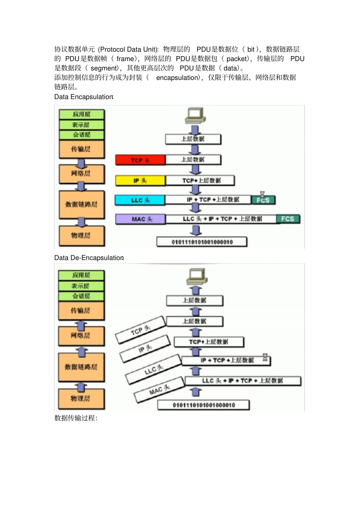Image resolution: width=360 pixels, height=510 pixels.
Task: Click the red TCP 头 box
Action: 140,160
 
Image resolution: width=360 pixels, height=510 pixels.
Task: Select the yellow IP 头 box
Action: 140,181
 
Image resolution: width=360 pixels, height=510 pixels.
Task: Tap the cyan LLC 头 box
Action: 140,200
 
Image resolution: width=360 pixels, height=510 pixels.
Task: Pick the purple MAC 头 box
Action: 141,219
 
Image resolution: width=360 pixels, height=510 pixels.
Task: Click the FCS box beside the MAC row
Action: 288,219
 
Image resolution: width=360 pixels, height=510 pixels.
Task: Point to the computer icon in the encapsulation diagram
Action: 195,116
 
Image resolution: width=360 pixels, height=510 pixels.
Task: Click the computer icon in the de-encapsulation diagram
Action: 197,276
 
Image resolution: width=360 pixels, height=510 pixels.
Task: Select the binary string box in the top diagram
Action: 202,242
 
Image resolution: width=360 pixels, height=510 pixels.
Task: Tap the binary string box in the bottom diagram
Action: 203,405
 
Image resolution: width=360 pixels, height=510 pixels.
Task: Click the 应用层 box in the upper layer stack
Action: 81,115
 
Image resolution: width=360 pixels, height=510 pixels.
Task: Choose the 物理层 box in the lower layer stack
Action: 81,399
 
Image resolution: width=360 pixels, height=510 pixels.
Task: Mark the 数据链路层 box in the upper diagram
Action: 81,205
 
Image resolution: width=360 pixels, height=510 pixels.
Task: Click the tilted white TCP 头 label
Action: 141,330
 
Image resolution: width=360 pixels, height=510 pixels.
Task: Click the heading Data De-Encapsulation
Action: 89,258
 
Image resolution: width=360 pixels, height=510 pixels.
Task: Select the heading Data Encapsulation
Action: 83,97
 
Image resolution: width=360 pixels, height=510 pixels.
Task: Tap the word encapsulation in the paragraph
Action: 177,78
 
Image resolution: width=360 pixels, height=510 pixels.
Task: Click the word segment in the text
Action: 104,68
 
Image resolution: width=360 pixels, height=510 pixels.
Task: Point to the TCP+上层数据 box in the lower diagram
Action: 208,342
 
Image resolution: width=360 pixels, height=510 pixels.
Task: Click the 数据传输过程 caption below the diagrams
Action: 76,418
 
